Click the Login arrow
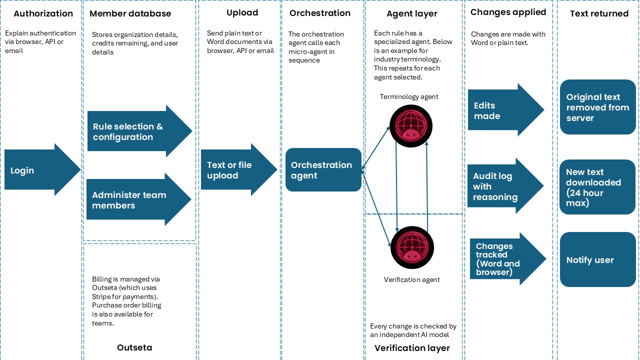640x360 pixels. pos(40,170)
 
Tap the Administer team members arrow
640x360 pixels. pos(135,200)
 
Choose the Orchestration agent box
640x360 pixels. pos(323,170)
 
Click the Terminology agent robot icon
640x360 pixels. pos(411,126)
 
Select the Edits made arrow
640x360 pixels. pos(502,110)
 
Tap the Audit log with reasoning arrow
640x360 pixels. pos(502,186)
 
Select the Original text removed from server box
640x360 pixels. pos(597,107)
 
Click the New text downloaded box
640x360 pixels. pos(597,187)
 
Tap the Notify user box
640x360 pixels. pos(597,260)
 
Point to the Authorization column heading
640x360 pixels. pos(43,13)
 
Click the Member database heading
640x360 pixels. pos(130,13)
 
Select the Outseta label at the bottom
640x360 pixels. pos(134,347)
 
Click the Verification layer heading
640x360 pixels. pos(412,348)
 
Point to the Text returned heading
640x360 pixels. pos(599,13)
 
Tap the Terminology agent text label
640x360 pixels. pos(409,96)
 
